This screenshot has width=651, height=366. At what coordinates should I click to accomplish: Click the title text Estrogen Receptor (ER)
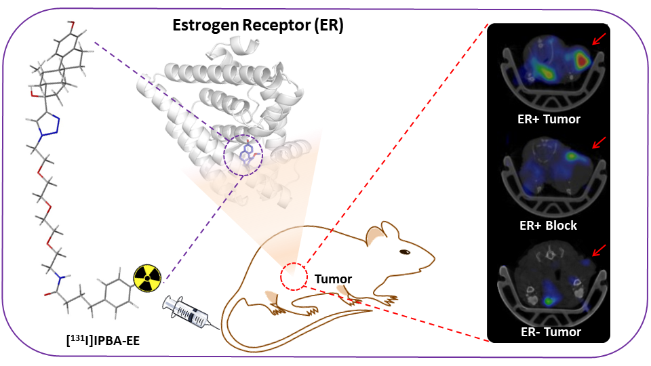[x=257, y=27]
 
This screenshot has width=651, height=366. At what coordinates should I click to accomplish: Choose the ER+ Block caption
[x=546, y=224]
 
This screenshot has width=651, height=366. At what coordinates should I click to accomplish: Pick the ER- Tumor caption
[x=546, y=331]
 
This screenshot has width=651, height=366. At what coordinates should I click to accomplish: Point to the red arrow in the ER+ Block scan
[x=597, y=143]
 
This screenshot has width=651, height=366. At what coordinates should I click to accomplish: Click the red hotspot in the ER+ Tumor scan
[x=580, y=60]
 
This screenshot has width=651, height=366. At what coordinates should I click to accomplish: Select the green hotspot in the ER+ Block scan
[x=574, y=155]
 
